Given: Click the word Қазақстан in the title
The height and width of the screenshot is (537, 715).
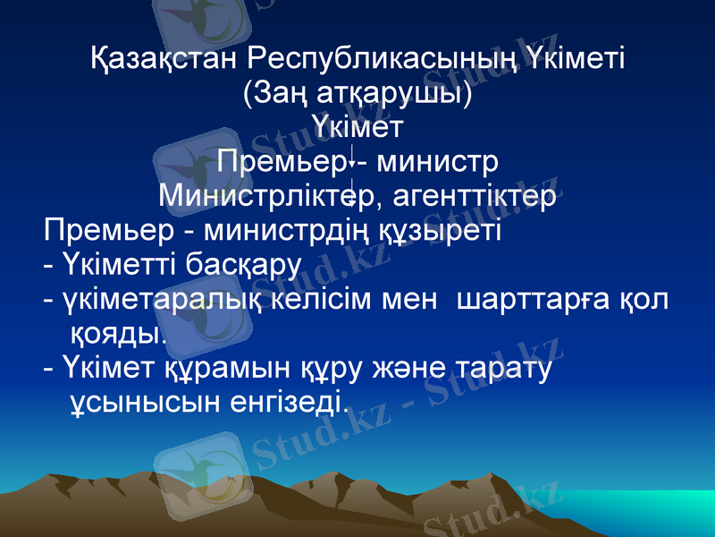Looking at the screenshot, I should pyautogui.click(x=165, y=61).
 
